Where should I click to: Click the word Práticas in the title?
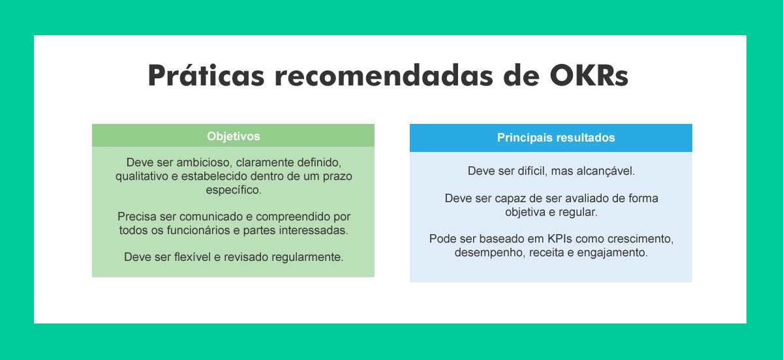point(206,75)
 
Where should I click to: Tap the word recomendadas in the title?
point(384,75)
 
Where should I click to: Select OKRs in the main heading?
point(589,75)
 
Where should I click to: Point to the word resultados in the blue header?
point(585,138)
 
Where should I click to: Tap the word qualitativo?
point(142,177)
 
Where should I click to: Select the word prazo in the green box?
point(337,177)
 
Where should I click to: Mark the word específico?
point(234,190)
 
